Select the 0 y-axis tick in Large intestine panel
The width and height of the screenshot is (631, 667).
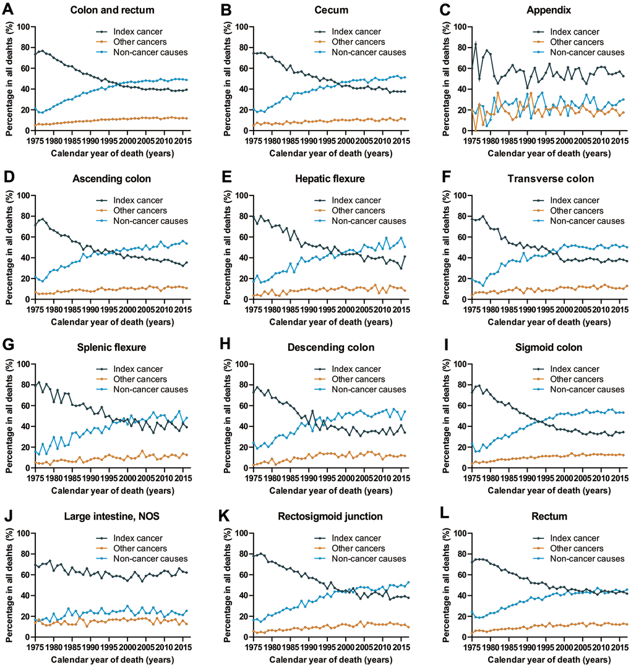[27, 637]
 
